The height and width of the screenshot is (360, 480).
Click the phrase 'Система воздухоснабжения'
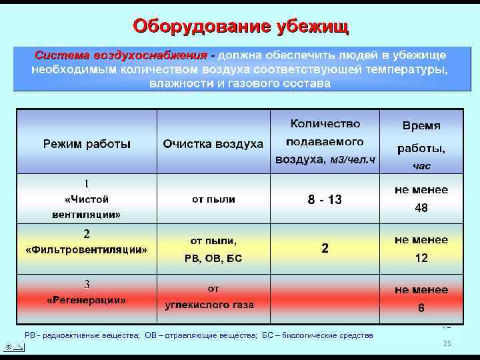coord(121,55)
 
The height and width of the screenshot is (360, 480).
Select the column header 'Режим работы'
coord(87,143)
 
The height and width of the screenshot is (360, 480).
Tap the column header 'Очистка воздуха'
coord(213,144)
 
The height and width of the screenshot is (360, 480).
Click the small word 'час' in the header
coord(421,165)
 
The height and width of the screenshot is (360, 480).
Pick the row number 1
coord(87,183)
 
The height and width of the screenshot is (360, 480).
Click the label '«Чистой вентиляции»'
coord(87,207)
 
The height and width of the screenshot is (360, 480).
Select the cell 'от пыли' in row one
coord(213,199)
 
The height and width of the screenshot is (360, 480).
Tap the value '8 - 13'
coord(325,199)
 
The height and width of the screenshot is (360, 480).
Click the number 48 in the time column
coord(421,208)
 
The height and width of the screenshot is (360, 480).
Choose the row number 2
coord(87,234)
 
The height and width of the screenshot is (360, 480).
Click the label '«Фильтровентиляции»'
coord(87,250)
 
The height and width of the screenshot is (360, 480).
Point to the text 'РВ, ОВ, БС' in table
coord(213,259)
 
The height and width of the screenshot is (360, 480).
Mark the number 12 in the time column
coord(421,258)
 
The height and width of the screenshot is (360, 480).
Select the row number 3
coord(87,285)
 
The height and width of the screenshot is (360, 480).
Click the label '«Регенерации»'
coord(87,300)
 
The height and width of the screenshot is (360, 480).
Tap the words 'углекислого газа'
coord(209,305)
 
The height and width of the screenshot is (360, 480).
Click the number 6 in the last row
coord(421,308)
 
